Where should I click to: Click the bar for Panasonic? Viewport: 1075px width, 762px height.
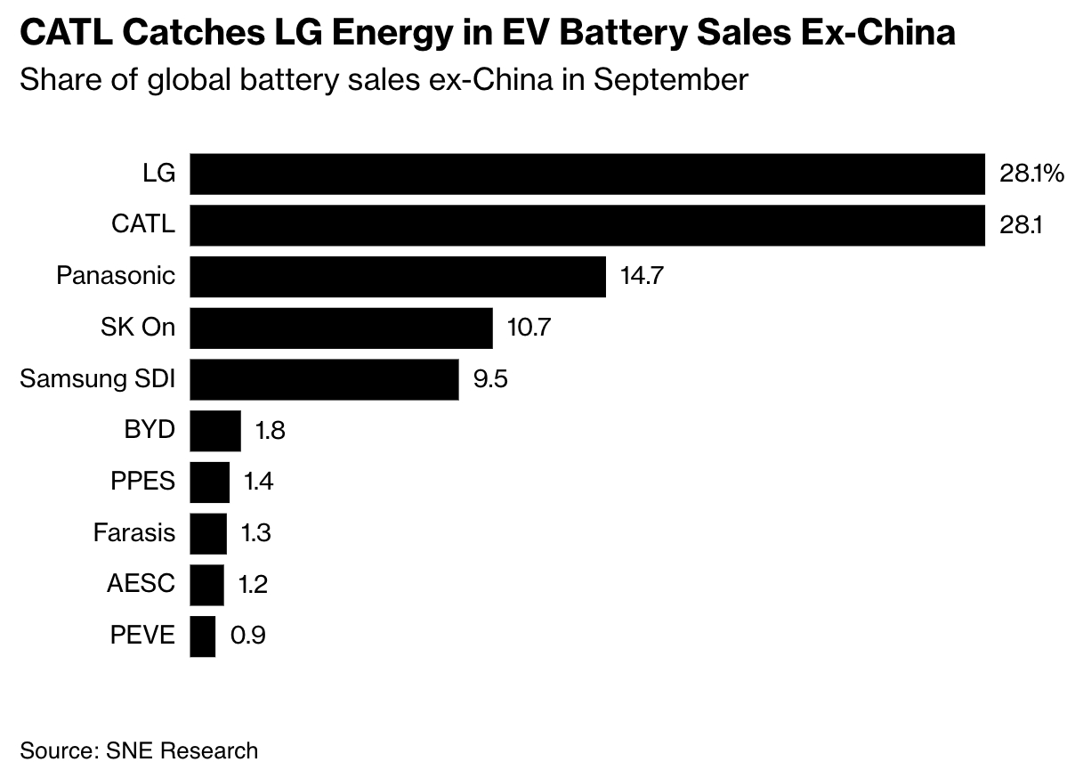[x=398, y=277]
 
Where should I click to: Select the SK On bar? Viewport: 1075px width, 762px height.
[x=341, y=328]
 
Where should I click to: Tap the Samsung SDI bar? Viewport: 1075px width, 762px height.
[x=324, y=380]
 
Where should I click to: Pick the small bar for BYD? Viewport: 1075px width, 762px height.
[x=215, y=432]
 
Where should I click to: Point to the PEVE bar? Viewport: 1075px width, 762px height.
[x=203, y=636]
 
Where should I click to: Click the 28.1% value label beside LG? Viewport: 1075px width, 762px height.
[x=1031, y=174]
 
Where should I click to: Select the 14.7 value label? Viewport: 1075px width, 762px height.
[x=643, y=277]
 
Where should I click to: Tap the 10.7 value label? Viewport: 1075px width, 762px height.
[x=529, y=328]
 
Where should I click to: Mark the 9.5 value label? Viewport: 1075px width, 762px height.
[x=489, y=380]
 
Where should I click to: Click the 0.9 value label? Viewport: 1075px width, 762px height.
[x=247, y=636]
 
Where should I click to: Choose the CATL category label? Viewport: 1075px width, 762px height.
[x=143, y=225]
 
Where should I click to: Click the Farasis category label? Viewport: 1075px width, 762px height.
[x=134, y=534]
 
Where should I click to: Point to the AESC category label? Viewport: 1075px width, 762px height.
[x=141, y=585]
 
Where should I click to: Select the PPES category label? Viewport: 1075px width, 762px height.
[x=143, y=482]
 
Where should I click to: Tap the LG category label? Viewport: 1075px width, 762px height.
[x=158, y=174]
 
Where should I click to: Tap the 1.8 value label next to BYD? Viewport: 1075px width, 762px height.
[x=270, y=432]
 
